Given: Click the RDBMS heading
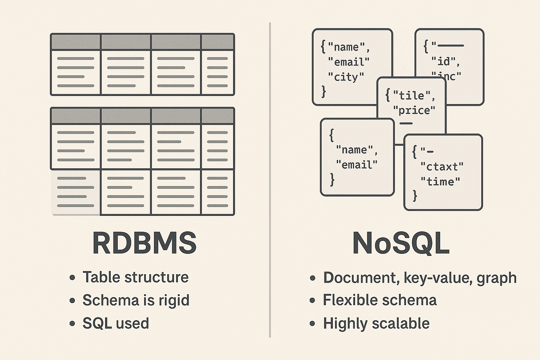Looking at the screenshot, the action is coord(144,243).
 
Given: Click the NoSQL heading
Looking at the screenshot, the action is coord(401,243).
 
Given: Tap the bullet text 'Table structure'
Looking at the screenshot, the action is coord(135,277).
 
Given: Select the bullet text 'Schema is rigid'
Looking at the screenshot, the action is coord(136,300).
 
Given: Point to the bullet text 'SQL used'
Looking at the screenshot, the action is coord(116,323).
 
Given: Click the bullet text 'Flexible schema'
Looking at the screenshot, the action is coord(380,300).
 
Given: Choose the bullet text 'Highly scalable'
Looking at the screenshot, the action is coord(376,323).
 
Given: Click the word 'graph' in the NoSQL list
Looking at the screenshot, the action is coord(496,278).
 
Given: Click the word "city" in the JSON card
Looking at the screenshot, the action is coord(346,77).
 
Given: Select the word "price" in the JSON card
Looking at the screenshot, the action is coord(414,110).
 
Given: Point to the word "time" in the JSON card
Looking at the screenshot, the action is coord(441,181).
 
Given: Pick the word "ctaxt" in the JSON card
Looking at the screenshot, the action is coord(442,166).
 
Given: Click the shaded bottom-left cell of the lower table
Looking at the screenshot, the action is coord(76,192).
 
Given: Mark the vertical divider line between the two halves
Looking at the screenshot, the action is coord(270,179).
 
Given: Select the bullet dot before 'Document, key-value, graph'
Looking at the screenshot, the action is coord(313,278).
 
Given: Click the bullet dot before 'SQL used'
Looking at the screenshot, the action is coord(72,324).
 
